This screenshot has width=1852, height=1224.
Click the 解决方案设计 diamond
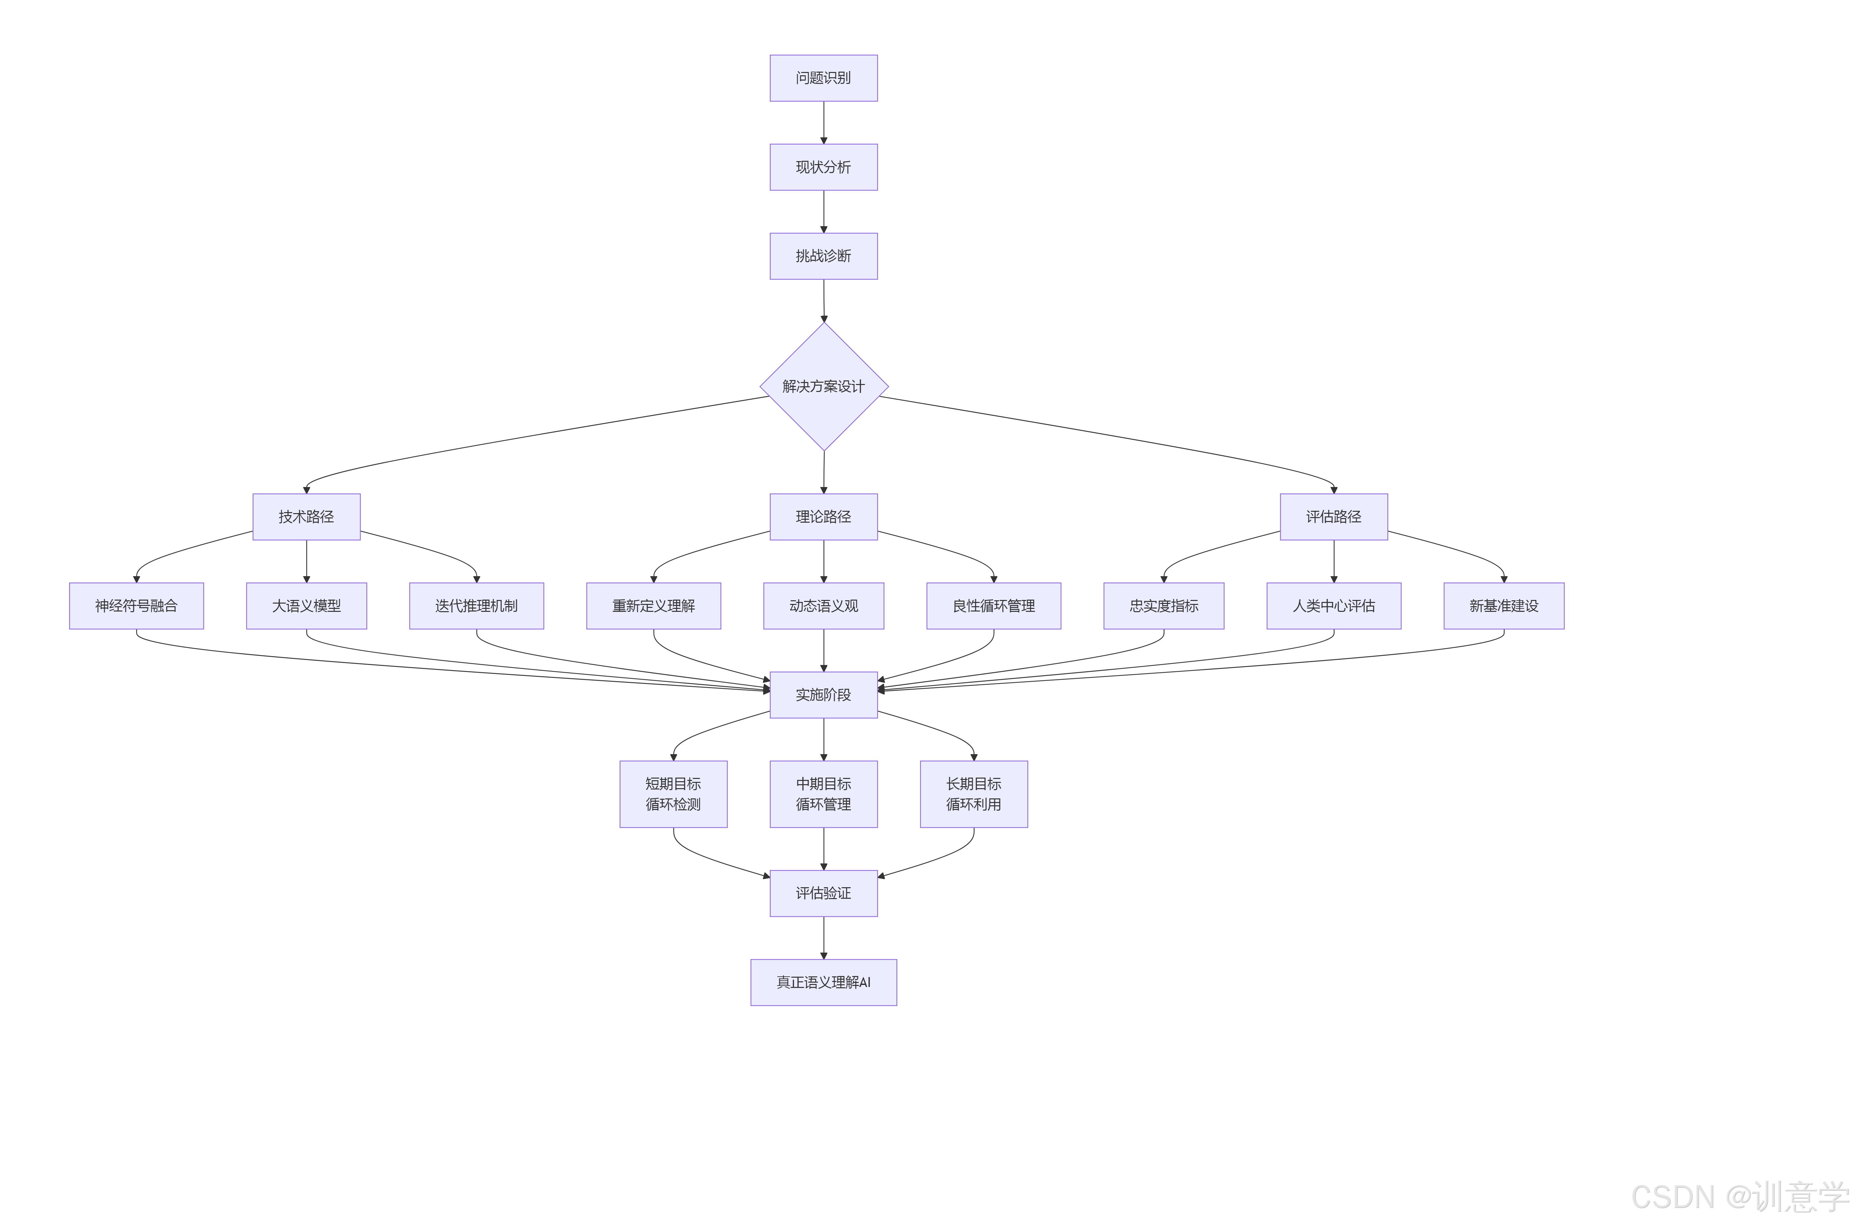pyautogui.click(x=824, y=386)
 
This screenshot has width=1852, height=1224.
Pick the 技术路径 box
pyautogui.click(x=306, y=517)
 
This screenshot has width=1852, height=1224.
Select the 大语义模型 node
pyautogui.click(x=306, y=606)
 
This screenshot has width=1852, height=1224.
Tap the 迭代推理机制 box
pyautogui.click(x=476, y=606)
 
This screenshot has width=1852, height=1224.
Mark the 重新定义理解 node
pyautogui.click(x=654, y=606)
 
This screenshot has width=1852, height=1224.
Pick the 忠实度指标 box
pyautogui.click(x=1163, y=606)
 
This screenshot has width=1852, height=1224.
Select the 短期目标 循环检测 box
pyautogui.click(x=673, y=794)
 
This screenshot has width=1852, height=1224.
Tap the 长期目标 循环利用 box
pyautogui.click(x=974, y=794)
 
